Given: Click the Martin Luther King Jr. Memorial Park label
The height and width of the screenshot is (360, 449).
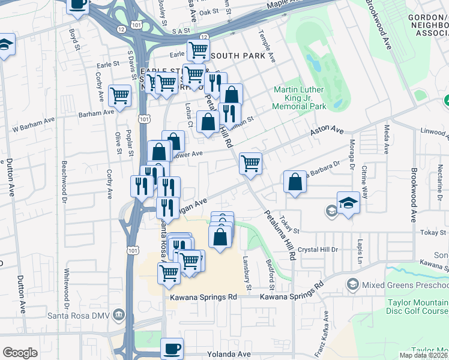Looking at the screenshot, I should point(298,98).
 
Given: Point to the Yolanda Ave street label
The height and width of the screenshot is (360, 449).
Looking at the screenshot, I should point(229,355).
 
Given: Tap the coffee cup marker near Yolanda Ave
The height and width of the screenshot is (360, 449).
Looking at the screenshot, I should point(172,348).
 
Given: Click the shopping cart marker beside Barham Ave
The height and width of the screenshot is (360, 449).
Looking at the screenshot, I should point(120,95).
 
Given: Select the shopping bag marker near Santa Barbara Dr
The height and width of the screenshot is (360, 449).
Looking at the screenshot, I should point(295,182).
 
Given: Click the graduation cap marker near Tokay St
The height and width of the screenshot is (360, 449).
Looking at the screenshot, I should point(348,202).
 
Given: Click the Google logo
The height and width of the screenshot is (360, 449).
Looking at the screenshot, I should point(20,353).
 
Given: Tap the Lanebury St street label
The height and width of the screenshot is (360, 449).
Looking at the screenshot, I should point(246,268).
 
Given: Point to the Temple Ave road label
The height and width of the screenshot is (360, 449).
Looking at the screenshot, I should point(268,48).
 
